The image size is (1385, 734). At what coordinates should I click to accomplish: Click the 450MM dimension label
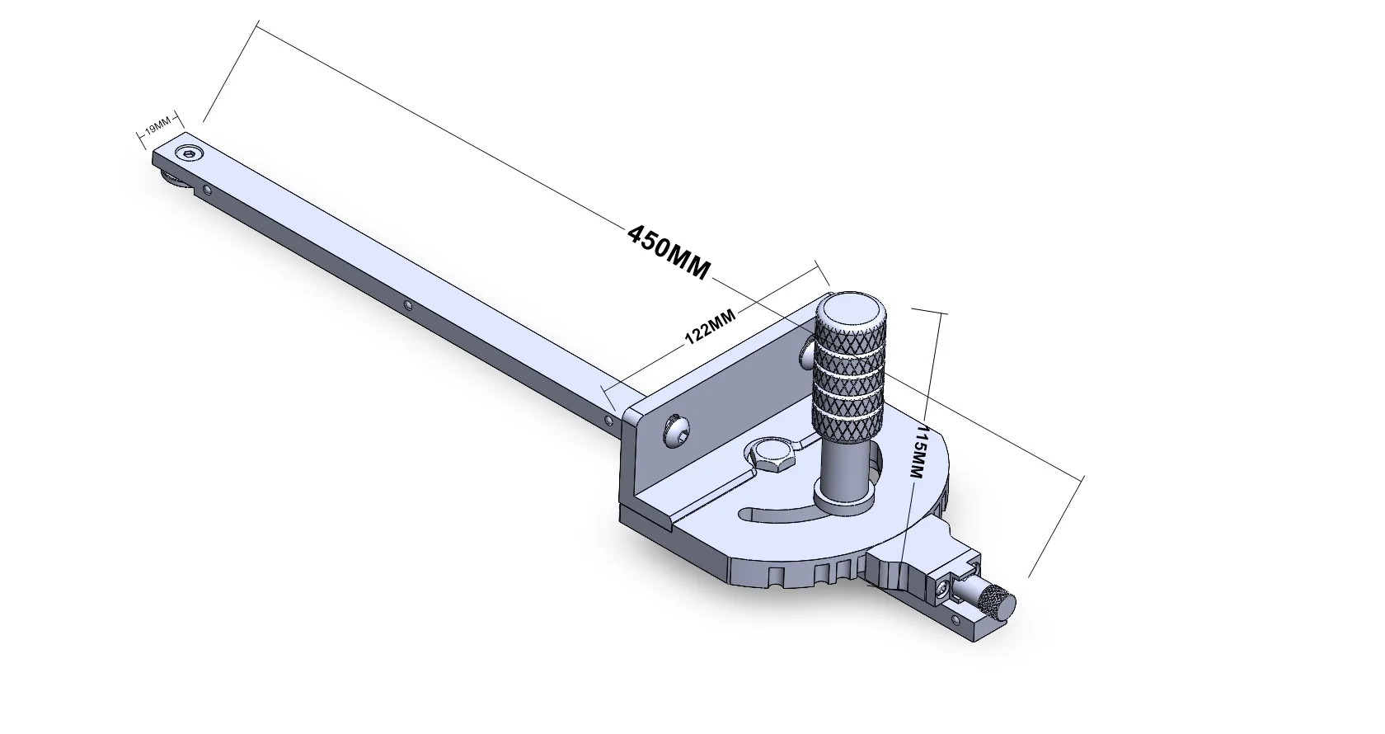click(668, 252)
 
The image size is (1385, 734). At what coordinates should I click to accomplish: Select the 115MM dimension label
click(920, 453)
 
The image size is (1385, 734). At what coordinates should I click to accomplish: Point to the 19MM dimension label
click(157, 126)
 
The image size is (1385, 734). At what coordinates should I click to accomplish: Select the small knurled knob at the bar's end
click(997, 604)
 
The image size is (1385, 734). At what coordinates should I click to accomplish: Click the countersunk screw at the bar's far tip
click(191, 153)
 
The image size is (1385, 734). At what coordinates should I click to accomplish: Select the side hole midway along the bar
click(410, 306)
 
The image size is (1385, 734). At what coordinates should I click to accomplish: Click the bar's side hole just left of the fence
click(608, 421)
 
